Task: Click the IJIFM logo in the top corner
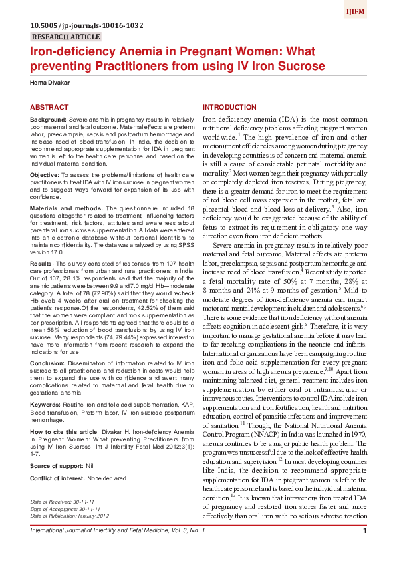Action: (374, 11)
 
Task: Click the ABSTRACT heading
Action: (49, 107)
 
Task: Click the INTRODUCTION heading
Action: (230, 107)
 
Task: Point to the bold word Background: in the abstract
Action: (48, 118)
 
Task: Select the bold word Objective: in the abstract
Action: (45, 173)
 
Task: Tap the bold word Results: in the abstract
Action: (42, 263)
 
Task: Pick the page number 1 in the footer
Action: (364, 549)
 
